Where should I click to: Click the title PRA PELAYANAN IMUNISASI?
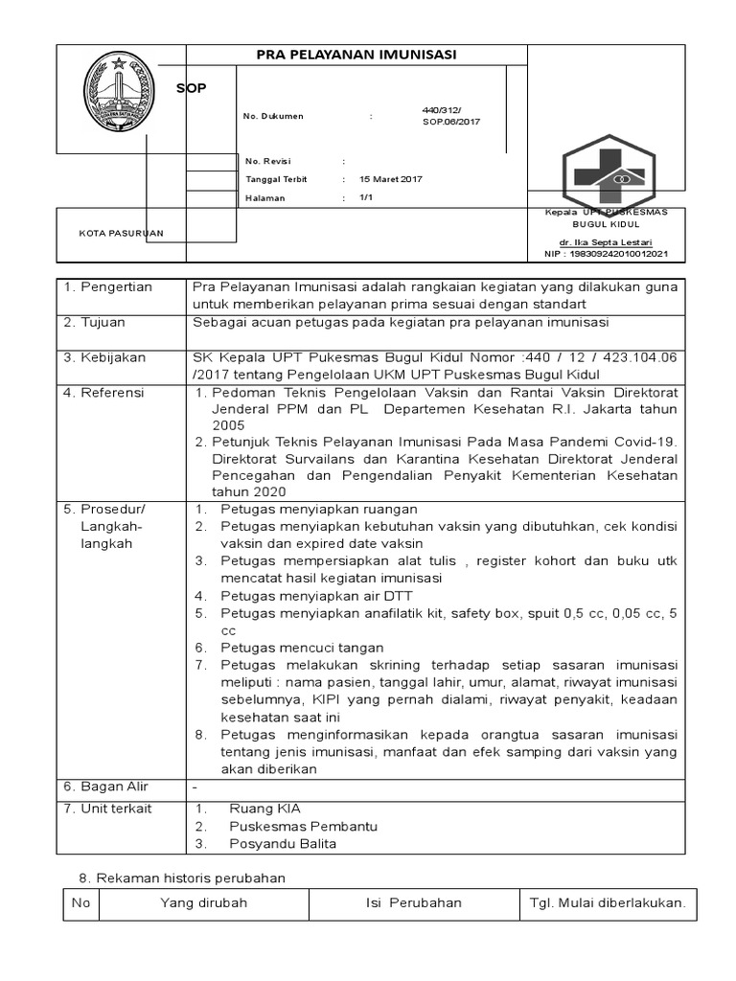click(x=356, y=56)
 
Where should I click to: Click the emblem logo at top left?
click(x=119, y=96)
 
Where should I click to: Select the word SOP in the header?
click(x=192, y=88)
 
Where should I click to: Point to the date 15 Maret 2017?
click(x=390, y=179)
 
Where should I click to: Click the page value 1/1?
click(x=365, y=197)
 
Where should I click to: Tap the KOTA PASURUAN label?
click(x=121, y=233)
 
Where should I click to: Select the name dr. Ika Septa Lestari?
click(x=607, y=243)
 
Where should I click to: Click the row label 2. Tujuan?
click(x=94, y=322)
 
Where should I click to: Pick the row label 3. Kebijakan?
click(x=104, y=357)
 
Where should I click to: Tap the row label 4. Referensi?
click(x=103, y=393)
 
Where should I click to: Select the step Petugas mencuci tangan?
click(x=302, y=648)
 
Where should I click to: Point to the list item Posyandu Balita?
click(x=283, y=844)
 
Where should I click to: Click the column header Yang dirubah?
click(x=203, y=902)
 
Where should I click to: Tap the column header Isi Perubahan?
click(x=413, y=902)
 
